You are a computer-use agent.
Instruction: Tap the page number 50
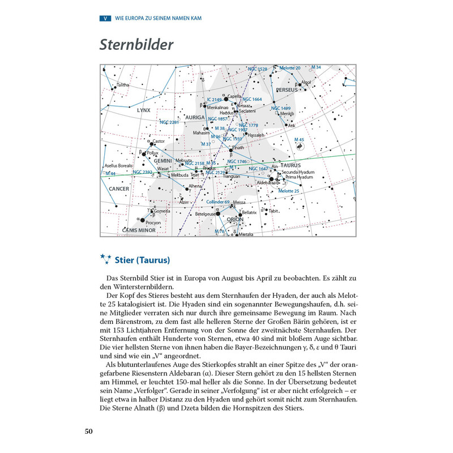point(89,432)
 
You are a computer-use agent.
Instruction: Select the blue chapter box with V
point(105,18)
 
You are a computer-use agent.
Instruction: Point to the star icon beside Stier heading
point(105,260)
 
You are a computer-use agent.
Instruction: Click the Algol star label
point(306,82)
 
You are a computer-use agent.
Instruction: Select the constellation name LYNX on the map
point(144,110)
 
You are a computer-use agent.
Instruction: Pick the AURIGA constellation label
point(194,117)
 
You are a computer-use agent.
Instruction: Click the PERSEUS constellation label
point(287,90)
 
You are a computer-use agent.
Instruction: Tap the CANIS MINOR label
point(139,230)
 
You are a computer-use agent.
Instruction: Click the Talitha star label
point(123,86)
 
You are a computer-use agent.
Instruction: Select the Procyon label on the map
point(153,223)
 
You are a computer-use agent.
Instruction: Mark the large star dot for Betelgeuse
point(217,214)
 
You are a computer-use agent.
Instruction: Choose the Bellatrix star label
point(249,212)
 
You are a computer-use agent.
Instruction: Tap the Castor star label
point(159,141)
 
